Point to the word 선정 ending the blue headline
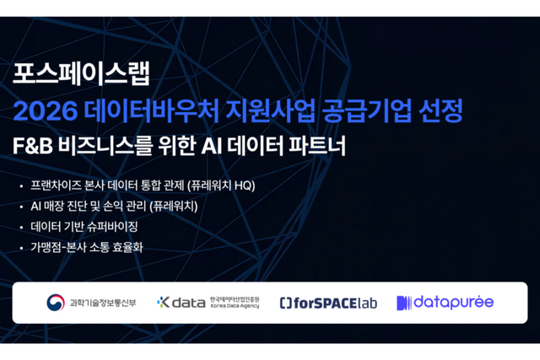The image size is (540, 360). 441,110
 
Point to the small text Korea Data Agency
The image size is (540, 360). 235,305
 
